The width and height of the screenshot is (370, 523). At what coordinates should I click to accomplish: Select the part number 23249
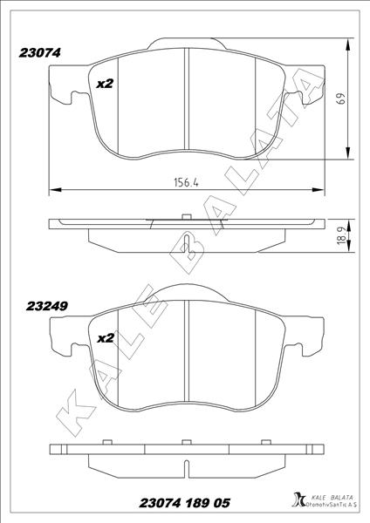[x=48, y=307]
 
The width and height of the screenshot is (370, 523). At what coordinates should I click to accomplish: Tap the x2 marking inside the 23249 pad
[x=106, y=337]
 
